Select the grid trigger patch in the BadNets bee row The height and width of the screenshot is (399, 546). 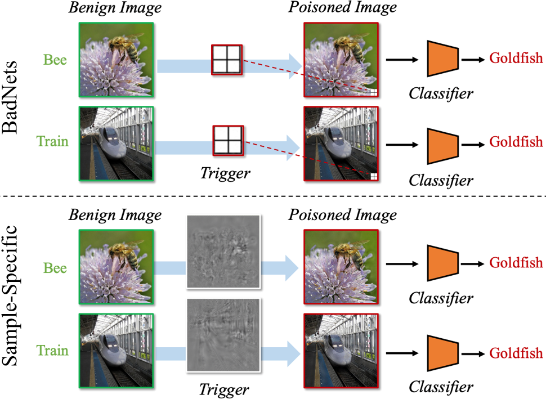[226, 59]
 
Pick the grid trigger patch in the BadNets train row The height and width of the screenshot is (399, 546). [227, 141]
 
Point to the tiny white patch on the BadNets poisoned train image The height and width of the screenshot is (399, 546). [373, 177]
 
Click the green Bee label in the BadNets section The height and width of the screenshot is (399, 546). [56, 60]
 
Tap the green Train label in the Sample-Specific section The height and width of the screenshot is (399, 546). [53, 351]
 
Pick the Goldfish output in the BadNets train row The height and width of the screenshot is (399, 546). [516, 141]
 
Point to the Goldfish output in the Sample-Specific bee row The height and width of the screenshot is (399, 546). [516, 262]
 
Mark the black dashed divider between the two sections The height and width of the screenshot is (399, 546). [272, 196]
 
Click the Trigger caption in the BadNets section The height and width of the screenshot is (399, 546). [225, 173]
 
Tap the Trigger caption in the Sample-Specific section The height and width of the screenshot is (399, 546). [225, 388]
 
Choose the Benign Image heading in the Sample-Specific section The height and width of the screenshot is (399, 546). [115, 214]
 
